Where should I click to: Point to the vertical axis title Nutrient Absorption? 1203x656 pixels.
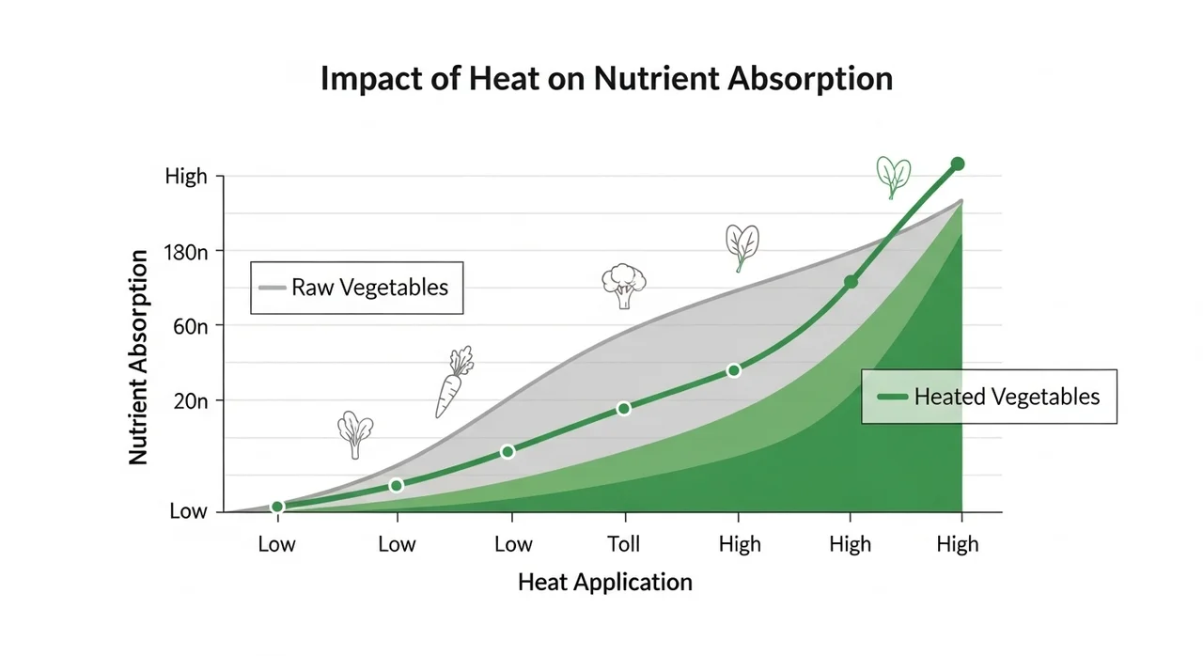138,357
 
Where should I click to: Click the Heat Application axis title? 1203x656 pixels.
604,582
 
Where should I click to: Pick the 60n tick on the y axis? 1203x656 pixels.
192,326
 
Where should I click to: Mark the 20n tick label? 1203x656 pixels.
192,401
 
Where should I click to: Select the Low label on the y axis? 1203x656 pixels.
188,512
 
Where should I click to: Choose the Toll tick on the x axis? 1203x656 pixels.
623,544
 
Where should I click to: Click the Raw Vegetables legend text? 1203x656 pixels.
369,287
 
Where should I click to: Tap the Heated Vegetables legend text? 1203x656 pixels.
1007,397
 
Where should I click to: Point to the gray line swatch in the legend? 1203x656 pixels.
271,287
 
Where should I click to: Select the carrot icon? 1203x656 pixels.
453,381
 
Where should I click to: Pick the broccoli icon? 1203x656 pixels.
623,286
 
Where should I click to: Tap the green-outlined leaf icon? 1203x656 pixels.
893,176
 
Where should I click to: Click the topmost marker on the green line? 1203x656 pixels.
959,164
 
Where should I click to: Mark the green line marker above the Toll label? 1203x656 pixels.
623,408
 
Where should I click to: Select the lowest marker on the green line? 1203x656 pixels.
277,507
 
